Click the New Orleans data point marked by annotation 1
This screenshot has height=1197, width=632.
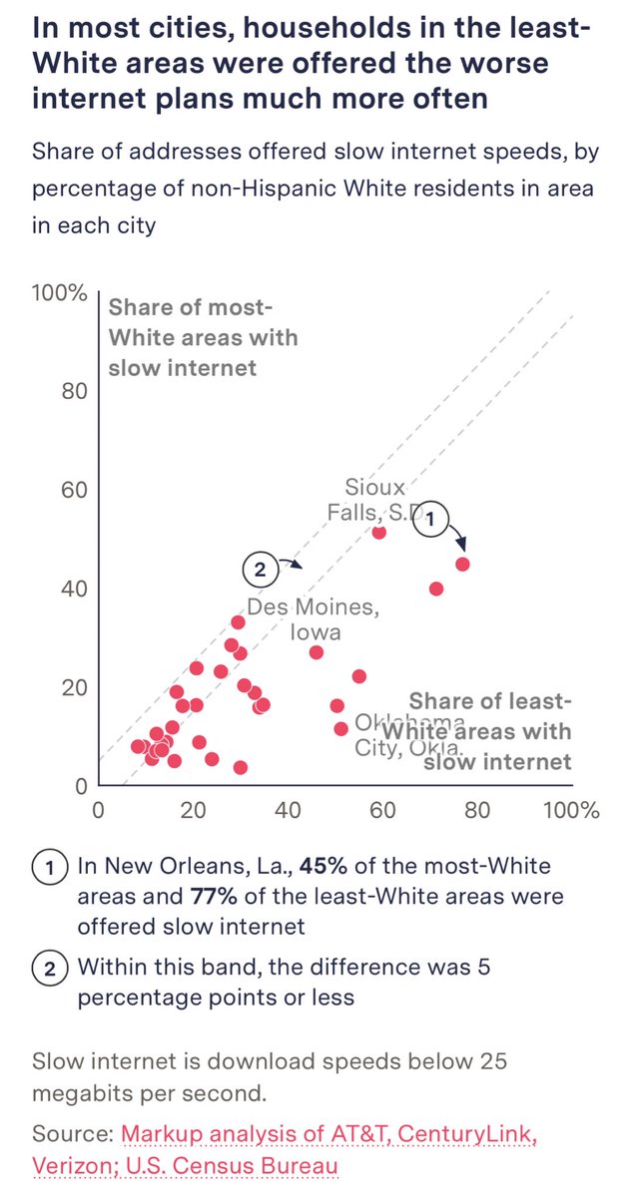click(462, 564)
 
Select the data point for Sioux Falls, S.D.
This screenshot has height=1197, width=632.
click(379, 532)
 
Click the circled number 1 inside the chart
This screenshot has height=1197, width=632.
click(431, 519)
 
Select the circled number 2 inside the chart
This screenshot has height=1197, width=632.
click(259, 571)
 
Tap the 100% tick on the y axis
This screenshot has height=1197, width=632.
click(60, 294)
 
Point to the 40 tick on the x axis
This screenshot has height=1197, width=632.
click(288, 810)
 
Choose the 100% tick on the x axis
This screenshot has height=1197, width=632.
click(572, 810)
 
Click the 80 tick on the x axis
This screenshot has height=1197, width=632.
click(477, 810)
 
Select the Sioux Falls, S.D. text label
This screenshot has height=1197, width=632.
click(367, 500)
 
